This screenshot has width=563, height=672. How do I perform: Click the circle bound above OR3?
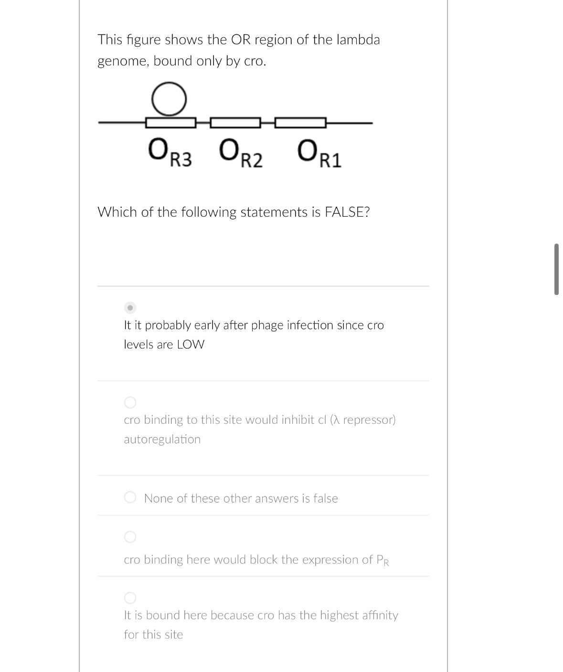(x=169, y=99)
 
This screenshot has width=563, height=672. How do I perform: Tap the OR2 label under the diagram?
(x=241, y=153)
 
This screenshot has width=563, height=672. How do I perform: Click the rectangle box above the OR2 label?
(x=235, y=123)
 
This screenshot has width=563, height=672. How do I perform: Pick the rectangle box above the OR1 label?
(x=300, y=123)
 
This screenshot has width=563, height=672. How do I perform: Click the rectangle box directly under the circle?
(x=170, y=123)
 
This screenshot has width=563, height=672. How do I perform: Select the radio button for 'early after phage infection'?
(x=130, y=307)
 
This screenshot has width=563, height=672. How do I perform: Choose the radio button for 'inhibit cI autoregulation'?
(x=130, y=402)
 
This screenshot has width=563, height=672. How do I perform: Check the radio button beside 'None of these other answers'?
(x=130, y=498)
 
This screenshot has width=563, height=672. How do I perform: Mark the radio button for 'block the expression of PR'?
(x=130, y=537)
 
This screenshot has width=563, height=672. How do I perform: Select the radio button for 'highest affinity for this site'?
(x=130, y=598)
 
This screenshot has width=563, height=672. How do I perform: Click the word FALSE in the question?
(x=347, y=212)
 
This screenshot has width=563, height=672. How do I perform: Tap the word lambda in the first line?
(x=358, y=40)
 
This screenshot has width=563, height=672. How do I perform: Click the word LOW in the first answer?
(x=191, y=345)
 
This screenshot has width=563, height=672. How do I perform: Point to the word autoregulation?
(x=162, y=439)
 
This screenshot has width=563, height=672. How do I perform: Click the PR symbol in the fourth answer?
(x=382, y=560)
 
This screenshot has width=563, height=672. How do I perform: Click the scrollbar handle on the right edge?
(x=556, y=269)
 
